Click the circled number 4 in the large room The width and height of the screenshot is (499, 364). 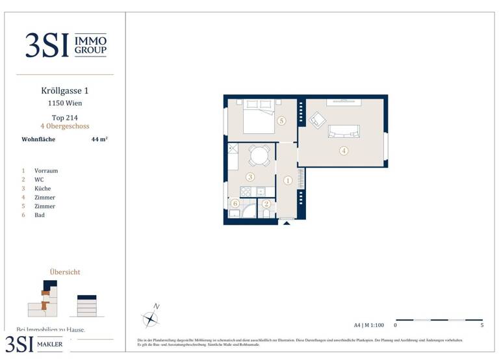tap(344, 151)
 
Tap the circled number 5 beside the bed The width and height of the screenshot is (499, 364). tap(281, 121)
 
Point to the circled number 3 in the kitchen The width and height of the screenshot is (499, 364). tap(250, 176)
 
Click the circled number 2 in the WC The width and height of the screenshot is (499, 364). tap(266, 203)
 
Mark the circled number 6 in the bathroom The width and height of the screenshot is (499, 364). tap(235, 203)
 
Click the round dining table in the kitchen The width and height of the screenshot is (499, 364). tap(260, 155)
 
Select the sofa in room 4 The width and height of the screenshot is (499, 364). tap(344, 131)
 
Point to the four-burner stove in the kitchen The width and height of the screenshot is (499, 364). tap(246, 192)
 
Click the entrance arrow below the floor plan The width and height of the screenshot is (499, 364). tap(286, 223)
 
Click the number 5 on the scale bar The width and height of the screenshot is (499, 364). tap(481, 325)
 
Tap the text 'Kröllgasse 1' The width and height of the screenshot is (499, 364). tap(65, 91)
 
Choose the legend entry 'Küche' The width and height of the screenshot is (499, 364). tap(43, 188)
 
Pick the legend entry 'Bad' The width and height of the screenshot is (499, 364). tap(40, 215)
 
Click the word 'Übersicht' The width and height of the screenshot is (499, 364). tap(65, 272)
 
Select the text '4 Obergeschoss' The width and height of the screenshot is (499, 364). tap(65, 126)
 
